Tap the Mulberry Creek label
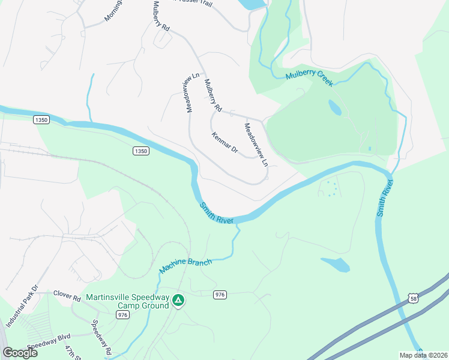tap(309, 77)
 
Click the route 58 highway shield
tap(412, 298)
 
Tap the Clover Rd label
tap(67, 297)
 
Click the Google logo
tap(20, 353)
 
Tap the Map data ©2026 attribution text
tap(423, 355)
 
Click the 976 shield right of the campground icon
tap(220, 294)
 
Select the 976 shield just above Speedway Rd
tap(124, 314)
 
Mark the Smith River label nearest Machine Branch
tap(217, 212)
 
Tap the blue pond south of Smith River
tap(337, 264)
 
